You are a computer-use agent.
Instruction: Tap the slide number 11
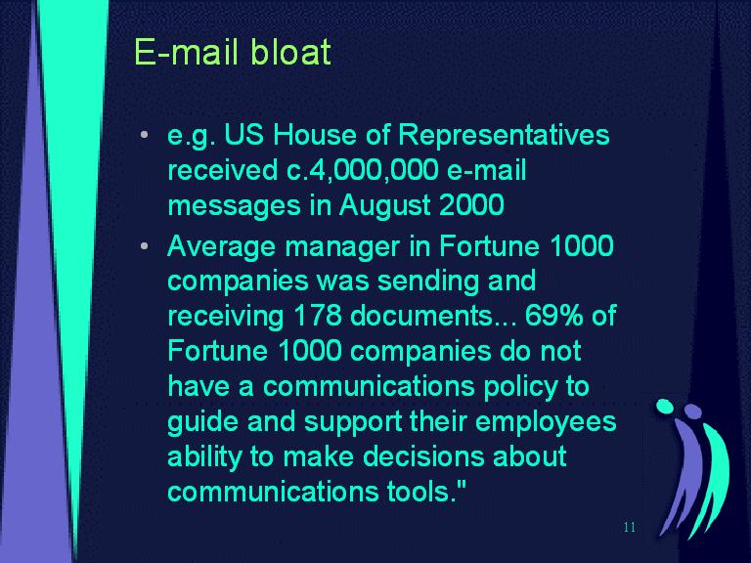(630, 527)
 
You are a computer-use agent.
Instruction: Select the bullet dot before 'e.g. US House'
(145, 135)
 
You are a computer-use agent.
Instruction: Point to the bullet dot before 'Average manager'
(145, 246)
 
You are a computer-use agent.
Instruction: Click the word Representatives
(504, 136)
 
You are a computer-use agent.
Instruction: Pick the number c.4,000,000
(363, 170)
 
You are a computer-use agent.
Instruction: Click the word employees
(546, 422)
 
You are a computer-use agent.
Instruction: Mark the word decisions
(423, 455)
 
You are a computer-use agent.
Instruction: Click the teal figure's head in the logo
(665, 406)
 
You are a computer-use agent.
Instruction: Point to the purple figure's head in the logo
(692, 411)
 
